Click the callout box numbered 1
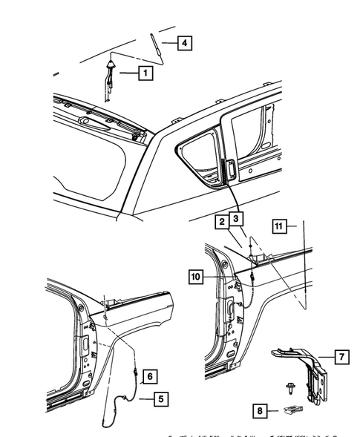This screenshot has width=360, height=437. tap(144, 73)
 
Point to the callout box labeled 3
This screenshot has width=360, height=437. tap(236, 219)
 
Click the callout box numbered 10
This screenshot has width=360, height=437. tap(195, 277)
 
